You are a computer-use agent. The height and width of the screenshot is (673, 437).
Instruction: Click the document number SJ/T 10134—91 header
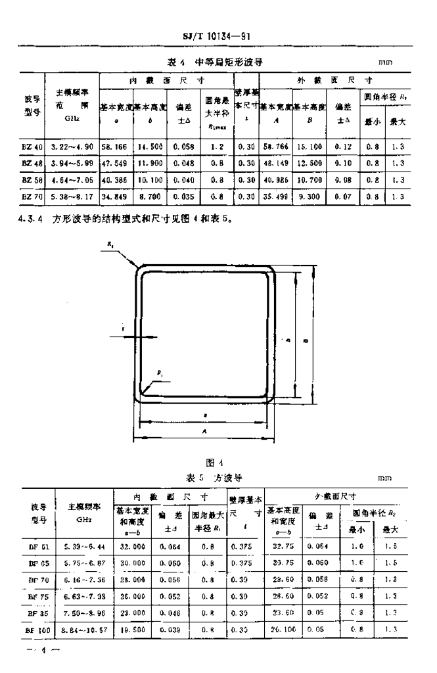click(x=218, y=36)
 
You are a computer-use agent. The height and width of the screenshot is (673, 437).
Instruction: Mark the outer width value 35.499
click(x=275, y=195)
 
